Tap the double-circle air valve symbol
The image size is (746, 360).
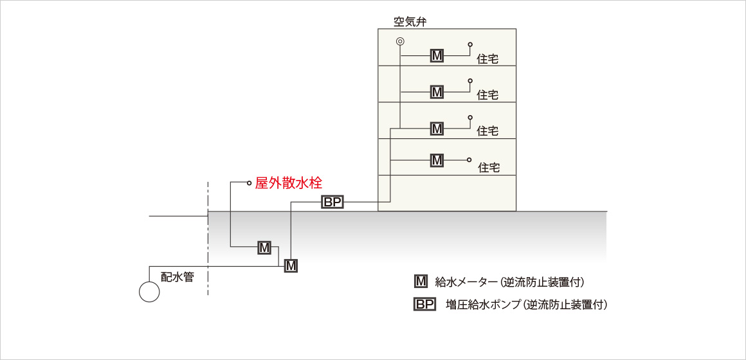[x=400, y=41]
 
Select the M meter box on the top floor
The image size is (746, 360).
[x=437, y=55]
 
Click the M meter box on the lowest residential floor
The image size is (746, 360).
[x=437, y=160]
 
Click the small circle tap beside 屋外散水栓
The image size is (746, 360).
[x=248, y=182]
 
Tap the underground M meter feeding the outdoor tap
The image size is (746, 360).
[x=264, y=248]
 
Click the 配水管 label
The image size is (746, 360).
[x=177, y=277]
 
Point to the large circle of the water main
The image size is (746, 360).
[x=149, y=291]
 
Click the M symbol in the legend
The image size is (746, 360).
[x=421, y=282]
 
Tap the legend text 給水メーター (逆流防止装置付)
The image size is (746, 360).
[x=509, y=282]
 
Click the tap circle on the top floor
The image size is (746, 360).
[x=470, y=44]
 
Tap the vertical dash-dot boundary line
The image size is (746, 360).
[x=208, y=239]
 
